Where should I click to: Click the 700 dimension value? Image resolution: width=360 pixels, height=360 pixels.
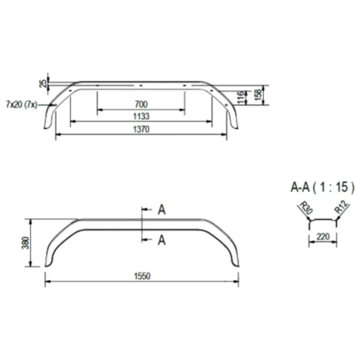(141, 105)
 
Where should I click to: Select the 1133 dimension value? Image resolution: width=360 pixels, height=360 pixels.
(141, 116)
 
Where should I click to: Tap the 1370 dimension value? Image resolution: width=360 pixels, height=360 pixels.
(141, 129)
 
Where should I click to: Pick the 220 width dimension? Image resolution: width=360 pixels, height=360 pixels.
(323, 237)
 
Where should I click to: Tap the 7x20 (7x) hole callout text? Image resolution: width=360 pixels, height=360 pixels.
(21, 105)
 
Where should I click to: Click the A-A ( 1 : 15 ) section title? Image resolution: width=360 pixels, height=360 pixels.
(323, 188)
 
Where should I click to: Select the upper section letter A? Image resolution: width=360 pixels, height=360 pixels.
(162, 210)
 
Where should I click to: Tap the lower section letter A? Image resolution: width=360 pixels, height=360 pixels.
(162, 240)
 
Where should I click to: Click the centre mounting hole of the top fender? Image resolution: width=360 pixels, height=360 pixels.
(141, 86)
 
